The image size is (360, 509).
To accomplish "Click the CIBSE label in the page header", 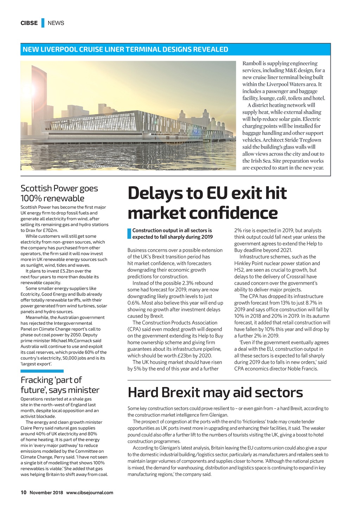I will [x=29, y=23].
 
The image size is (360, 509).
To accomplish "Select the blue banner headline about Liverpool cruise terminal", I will [x=125, y=50].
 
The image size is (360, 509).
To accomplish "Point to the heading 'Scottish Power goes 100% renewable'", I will [x=59, y=193].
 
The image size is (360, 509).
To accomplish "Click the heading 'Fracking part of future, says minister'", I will [x=60, y=385].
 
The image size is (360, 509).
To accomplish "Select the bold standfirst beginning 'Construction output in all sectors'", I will [x=172, y=234].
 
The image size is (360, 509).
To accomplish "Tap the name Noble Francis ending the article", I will [x=303, y=369].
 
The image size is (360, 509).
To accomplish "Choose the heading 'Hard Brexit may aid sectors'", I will [x=215, y=392].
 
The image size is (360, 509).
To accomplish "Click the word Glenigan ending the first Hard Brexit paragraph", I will [x=219, y=415].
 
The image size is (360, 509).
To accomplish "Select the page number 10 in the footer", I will [x=24, y=492].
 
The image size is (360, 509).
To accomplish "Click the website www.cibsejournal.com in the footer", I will [x=89, y=492].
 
